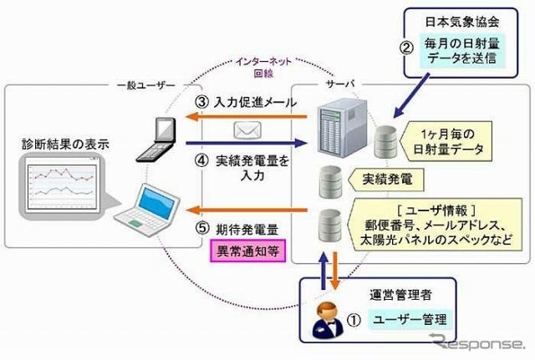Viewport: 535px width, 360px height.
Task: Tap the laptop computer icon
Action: pyautogui.click(x=156, y=205)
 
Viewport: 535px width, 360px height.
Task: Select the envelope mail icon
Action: pyautogui.click(x=247, y=131)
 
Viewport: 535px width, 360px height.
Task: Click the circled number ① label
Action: pyautogui.click(x=354, y=318)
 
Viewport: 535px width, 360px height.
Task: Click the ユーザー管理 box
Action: pyautogui.click(x=411, y=318)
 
